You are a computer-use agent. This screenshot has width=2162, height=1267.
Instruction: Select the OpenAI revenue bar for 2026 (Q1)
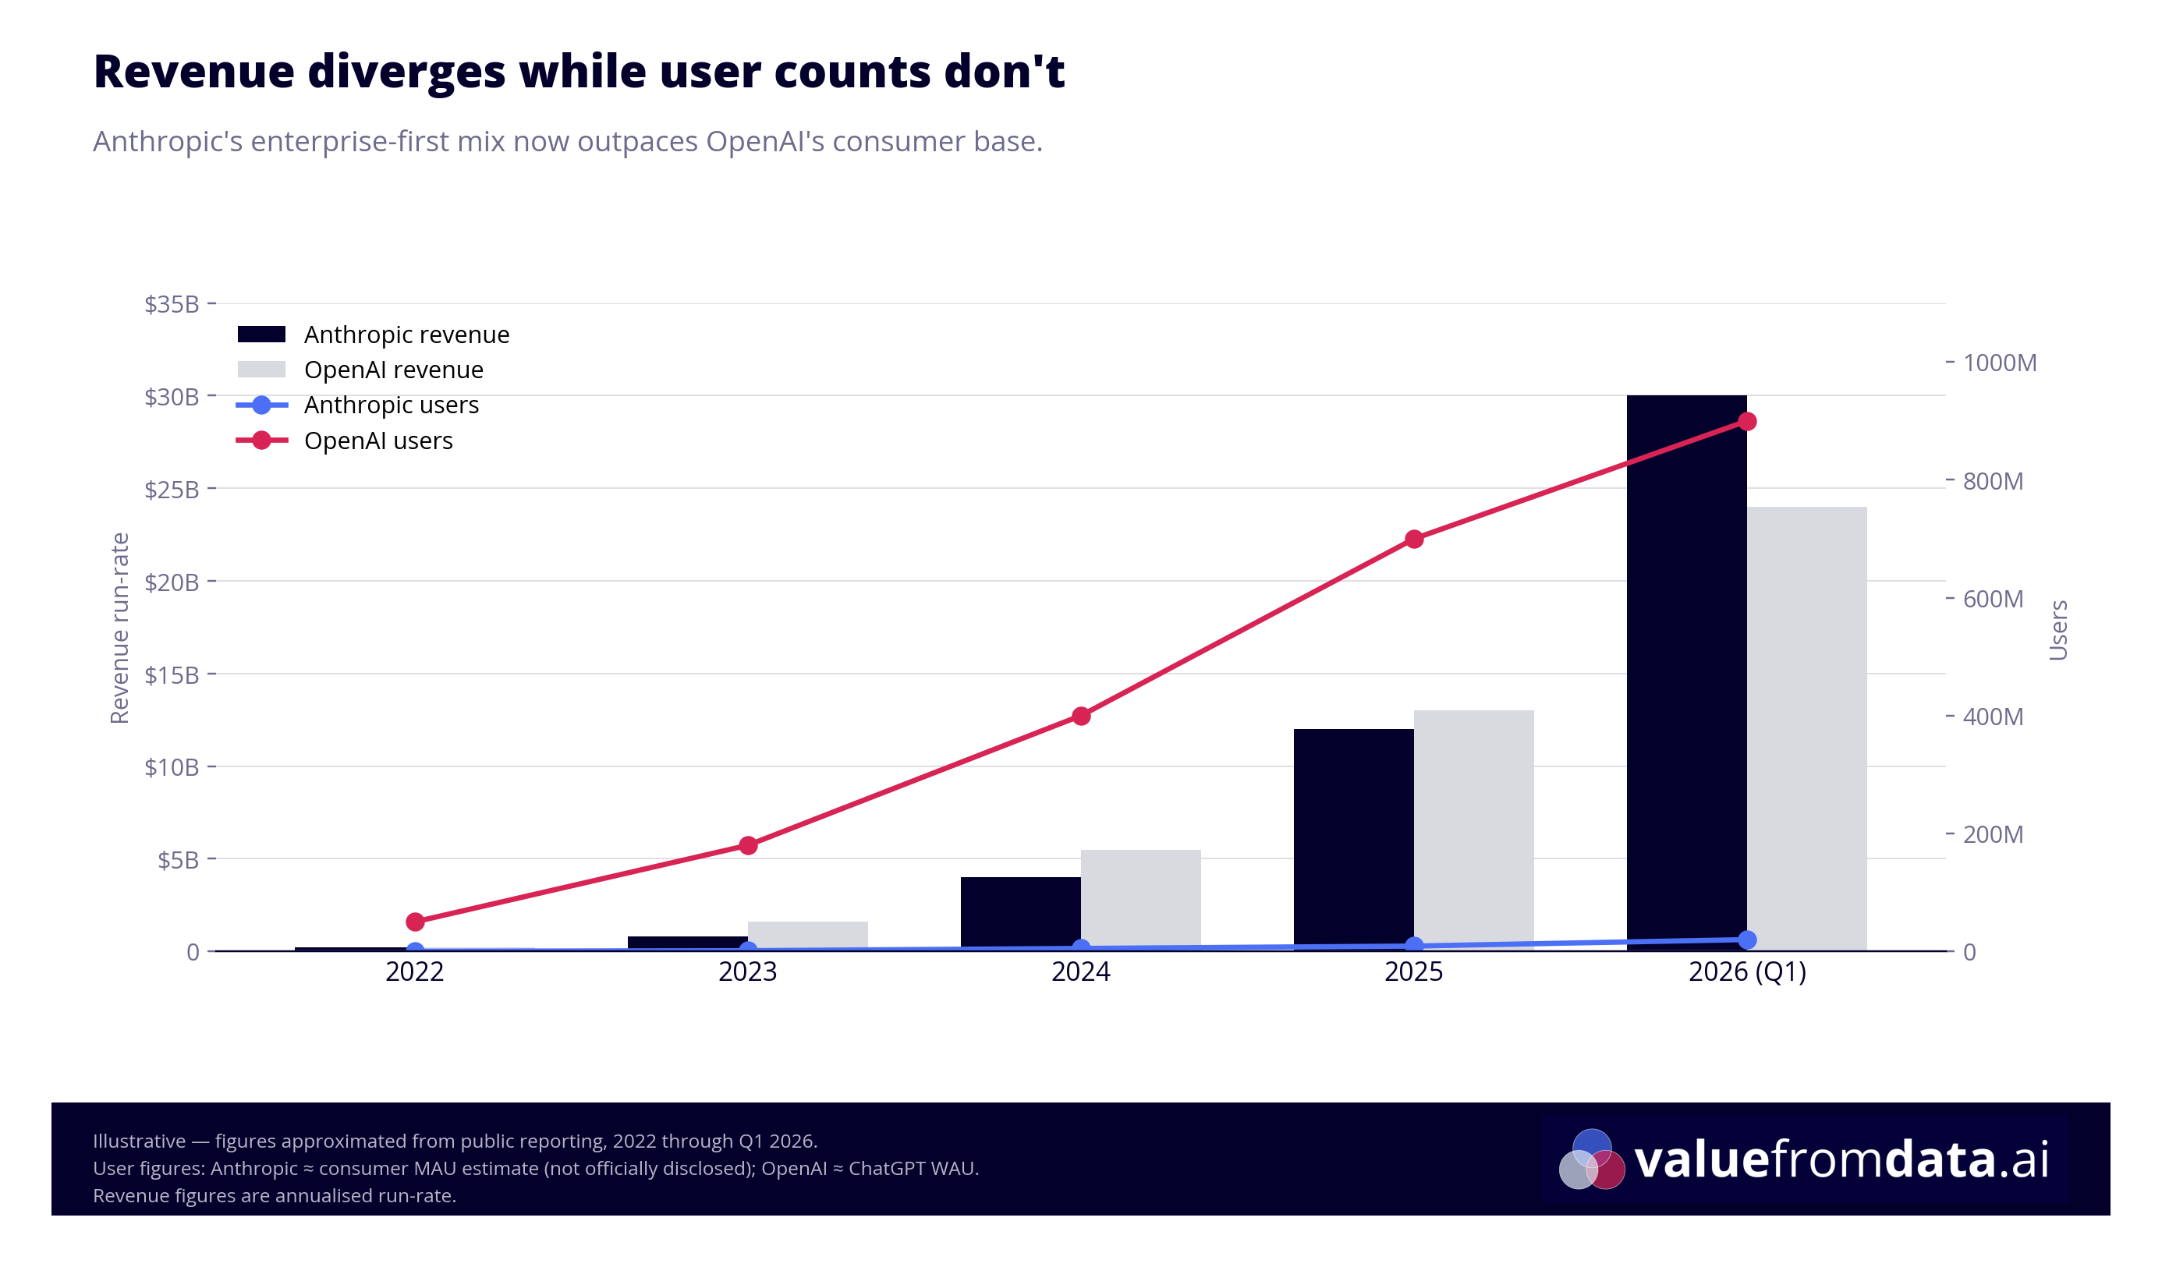[x=1806, y=729]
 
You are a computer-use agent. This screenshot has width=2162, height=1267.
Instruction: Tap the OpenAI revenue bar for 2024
[x=1140, y=901]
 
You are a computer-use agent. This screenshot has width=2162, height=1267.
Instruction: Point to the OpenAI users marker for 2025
[x=1414, y=539]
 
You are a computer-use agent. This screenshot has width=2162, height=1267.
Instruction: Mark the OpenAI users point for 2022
[x=415, y=922]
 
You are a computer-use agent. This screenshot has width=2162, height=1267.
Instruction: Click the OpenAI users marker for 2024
[x=1081, y=716]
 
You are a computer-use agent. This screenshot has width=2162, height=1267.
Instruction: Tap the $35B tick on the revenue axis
[x=172, y=303]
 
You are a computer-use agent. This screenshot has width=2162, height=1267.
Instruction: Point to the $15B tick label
[x=172, y=674]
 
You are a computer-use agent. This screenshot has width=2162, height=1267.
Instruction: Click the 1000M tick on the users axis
[x=1999, y=363]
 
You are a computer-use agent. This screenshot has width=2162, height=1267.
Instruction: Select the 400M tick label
[x=1992, y=717]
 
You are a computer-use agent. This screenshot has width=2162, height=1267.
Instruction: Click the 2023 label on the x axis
[x=747, y=972]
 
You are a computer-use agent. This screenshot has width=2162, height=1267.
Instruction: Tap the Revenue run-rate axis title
[x=119, y=628]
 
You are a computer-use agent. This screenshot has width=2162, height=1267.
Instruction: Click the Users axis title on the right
[x=2057, y=630]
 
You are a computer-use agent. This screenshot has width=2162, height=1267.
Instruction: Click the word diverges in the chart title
[x=406, y=71]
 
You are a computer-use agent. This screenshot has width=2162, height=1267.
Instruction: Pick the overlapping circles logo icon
[x=1591, y=1159]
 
